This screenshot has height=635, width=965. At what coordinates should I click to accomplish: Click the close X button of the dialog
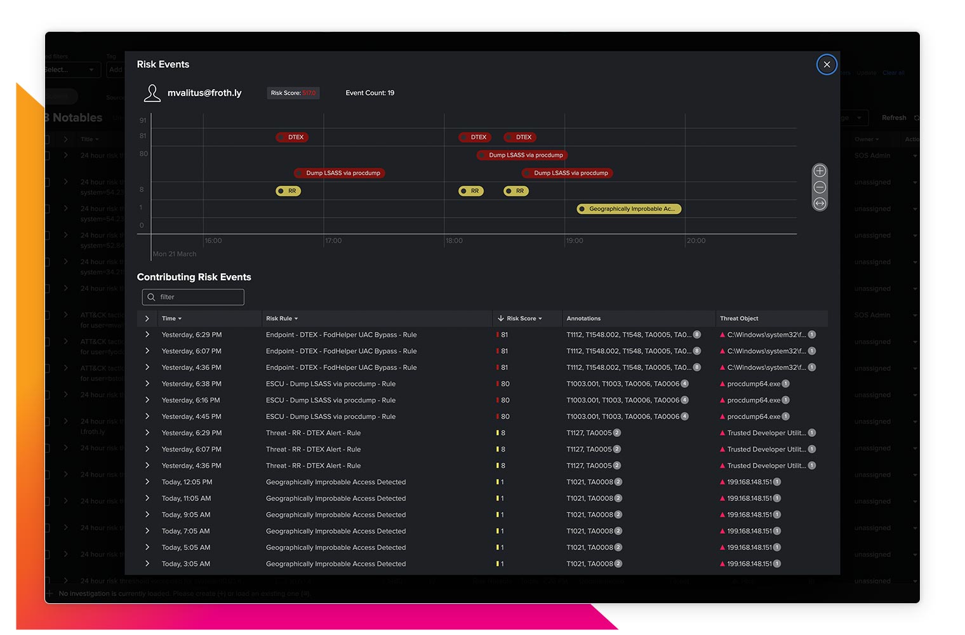click(x=827, y=64)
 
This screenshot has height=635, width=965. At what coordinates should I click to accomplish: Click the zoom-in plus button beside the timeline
click(x=820, y=171)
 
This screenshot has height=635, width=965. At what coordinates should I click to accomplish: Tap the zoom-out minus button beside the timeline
click(x=820, y=187)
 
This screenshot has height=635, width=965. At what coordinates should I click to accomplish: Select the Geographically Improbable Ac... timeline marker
click(x=629, y=209)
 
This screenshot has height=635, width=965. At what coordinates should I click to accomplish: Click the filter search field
click(x=194, y=297)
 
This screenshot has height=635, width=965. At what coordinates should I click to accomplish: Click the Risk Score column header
click(x=521, y=319)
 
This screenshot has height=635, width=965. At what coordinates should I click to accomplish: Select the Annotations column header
click(x=583, y=319)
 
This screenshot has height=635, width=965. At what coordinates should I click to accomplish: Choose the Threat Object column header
click(x=739, y=319)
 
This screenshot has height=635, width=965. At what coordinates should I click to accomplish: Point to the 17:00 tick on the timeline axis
click(x=333, y=241)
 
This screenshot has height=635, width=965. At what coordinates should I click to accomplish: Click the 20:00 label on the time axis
click(x=696, y=241)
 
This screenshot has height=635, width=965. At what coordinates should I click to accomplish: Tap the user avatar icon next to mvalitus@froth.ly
click(x=152, y=93)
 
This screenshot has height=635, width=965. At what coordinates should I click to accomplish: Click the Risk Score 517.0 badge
click(x=293, y=93)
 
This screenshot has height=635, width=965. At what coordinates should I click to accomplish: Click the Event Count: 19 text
click(x=369, y=93)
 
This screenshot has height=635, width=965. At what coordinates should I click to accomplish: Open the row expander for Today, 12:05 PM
click(x=147, y=482)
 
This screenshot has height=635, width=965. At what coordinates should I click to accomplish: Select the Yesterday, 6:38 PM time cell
click(x=191, y=384)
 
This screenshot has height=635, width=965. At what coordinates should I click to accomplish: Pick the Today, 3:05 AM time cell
click(x=185, y=564)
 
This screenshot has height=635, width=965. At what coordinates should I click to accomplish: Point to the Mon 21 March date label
click(x=175, y=254)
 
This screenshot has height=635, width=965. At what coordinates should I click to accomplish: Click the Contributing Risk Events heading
click(x=194, y=277)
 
